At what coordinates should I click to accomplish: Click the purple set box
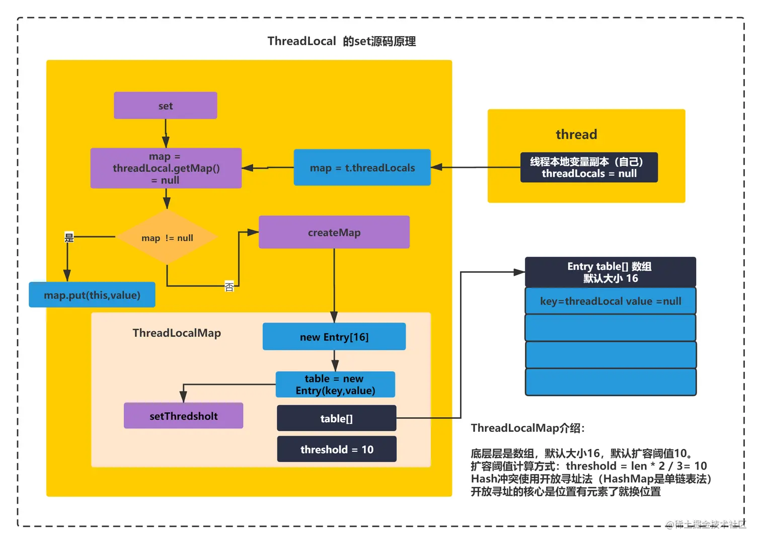(x=165, y=106)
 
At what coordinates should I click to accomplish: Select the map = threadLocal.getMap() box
(x=166, y=168)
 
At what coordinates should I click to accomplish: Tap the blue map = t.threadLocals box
(x=362, y=168)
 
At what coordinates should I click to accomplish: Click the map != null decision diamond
(x=167, y=237)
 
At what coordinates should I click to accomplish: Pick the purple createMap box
(x=334, y=232)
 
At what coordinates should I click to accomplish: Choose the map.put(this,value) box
(x=92, y=295)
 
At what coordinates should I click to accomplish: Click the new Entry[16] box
(x=334, y=337)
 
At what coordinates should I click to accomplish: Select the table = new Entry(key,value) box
(x=335, y=384)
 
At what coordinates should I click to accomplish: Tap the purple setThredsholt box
(x=183, y=416)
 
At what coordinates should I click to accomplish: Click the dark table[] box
(x=336, y=418)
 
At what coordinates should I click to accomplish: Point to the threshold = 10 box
(x=337, y=449)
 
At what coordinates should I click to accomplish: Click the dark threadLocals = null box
(x=589, y=168)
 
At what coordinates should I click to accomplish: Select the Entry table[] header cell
(x=610, y=272)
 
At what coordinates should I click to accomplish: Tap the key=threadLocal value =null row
(x=610, y=301)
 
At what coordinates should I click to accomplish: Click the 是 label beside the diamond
(x=69, y=238)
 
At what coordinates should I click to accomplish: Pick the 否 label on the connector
(x=229, y=286)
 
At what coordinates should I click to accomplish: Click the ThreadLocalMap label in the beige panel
(x=177, y=333)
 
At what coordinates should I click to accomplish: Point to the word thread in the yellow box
(x=576, y=134)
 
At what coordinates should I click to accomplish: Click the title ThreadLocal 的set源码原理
(x=341, y=41)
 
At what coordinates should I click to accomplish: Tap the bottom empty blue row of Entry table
(x=610, y=382)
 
